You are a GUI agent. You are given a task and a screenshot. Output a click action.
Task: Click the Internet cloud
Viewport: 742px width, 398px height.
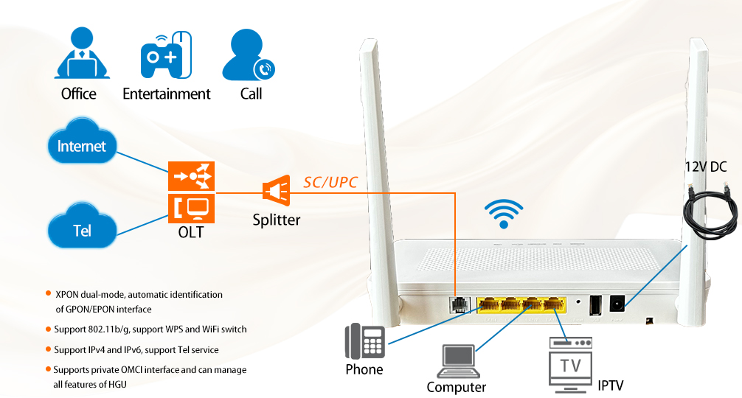click(x=82, y=146)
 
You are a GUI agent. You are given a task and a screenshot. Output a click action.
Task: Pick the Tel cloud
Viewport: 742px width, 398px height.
click(x=82, y=230)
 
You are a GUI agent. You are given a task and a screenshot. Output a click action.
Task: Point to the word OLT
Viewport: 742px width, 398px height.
click(x=190, y=233)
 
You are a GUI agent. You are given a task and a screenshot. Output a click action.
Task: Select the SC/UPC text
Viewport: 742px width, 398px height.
click(x=330, y=182)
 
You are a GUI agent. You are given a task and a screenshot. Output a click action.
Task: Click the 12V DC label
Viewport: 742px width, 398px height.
click(x=705, y=167)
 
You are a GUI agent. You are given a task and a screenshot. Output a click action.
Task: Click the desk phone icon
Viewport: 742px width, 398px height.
click(x=364, y=341)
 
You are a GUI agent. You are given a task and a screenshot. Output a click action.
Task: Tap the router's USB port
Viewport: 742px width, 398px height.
click(x=595, y=304)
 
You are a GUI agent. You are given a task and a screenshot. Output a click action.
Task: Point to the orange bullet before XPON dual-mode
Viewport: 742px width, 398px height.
click(x=49, y=293)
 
